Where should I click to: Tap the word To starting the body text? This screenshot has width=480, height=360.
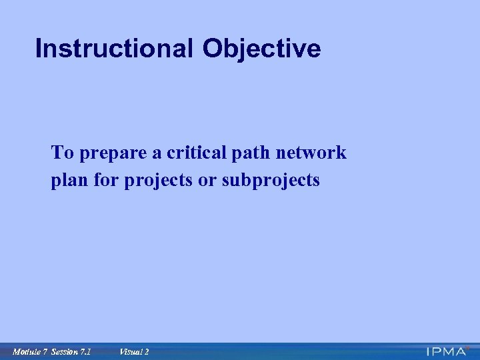[x=63, y=153]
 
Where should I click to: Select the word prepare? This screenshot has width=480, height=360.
[x=112, y=153]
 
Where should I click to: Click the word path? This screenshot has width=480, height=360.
[x=246, y=153]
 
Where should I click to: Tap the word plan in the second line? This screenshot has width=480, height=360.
[x=69, y=181]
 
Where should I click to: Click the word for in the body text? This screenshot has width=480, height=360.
[x=107, y=181]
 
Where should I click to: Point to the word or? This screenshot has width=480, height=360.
[x=207, y=181]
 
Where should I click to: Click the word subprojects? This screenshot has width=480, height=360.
[x=271, y=181]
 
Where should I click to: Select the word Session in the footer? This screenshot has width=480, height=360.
[x=64, y=351]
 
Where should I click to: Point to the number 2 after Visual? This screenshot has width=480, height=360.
[x=147, y=351]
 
